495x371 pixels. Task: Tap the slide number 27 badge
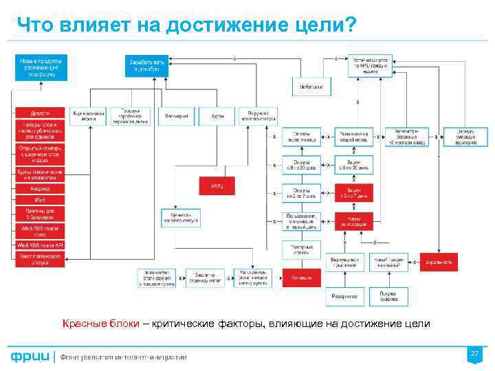coord(474,354)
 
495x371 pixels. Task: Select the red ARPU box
coord(218,184)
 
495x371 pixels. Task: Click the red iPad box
coord(39,199)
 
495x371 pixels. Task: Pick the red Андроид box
coord(39,188)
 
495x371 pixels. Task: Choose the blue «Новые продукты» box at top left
coord(39,67)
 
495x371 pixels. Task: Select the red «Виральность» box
coord(441,262)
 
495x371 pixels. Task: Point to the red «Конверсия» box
coord(301,277)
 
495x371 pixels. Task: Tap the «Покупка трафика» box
coord(388,296)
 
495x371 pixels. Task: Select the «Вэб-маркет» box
coord(177,116)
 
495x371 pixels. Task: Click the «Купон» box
coord(218,116)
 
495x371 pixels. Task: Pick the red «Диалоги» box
coord(39,113)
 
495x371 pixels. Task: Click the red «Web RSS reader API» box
coord(39,245)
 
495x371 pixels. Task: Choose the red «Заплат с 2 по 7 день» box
coord(353,192)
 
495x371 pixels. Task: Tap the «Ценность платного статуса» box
coord(180,218)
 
